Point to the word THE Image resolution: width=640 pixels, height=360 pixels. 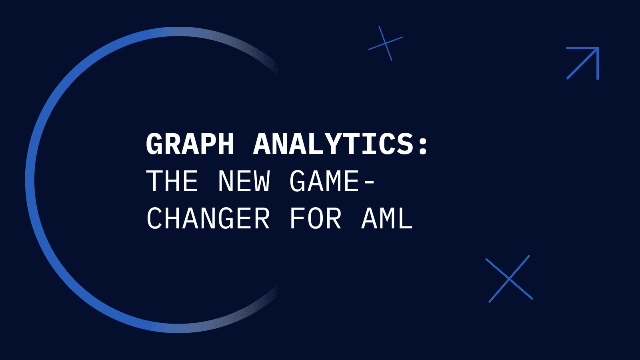click(172, 181)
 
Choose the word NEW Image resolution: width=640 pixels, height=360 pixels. click(244, 181)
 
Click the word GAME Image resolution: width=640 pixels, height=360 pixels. click(324, 181)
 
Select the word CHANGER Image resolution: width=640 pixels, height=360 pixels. click(208, 218)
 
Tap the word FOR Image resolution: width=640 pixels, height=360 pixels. click(316, 218)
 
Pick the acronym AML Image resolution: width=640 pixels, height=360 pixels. click(387, 218)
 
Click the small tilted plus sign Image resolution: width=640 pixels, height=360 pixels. click(385, 43)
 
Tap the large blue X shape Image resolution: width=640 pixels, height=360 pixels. click(509, 279)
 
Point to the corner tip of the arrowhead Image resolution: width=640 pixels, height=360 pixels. click(598, 48)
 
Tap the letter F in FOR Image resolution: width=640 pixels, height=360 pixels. click(298, 218)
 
